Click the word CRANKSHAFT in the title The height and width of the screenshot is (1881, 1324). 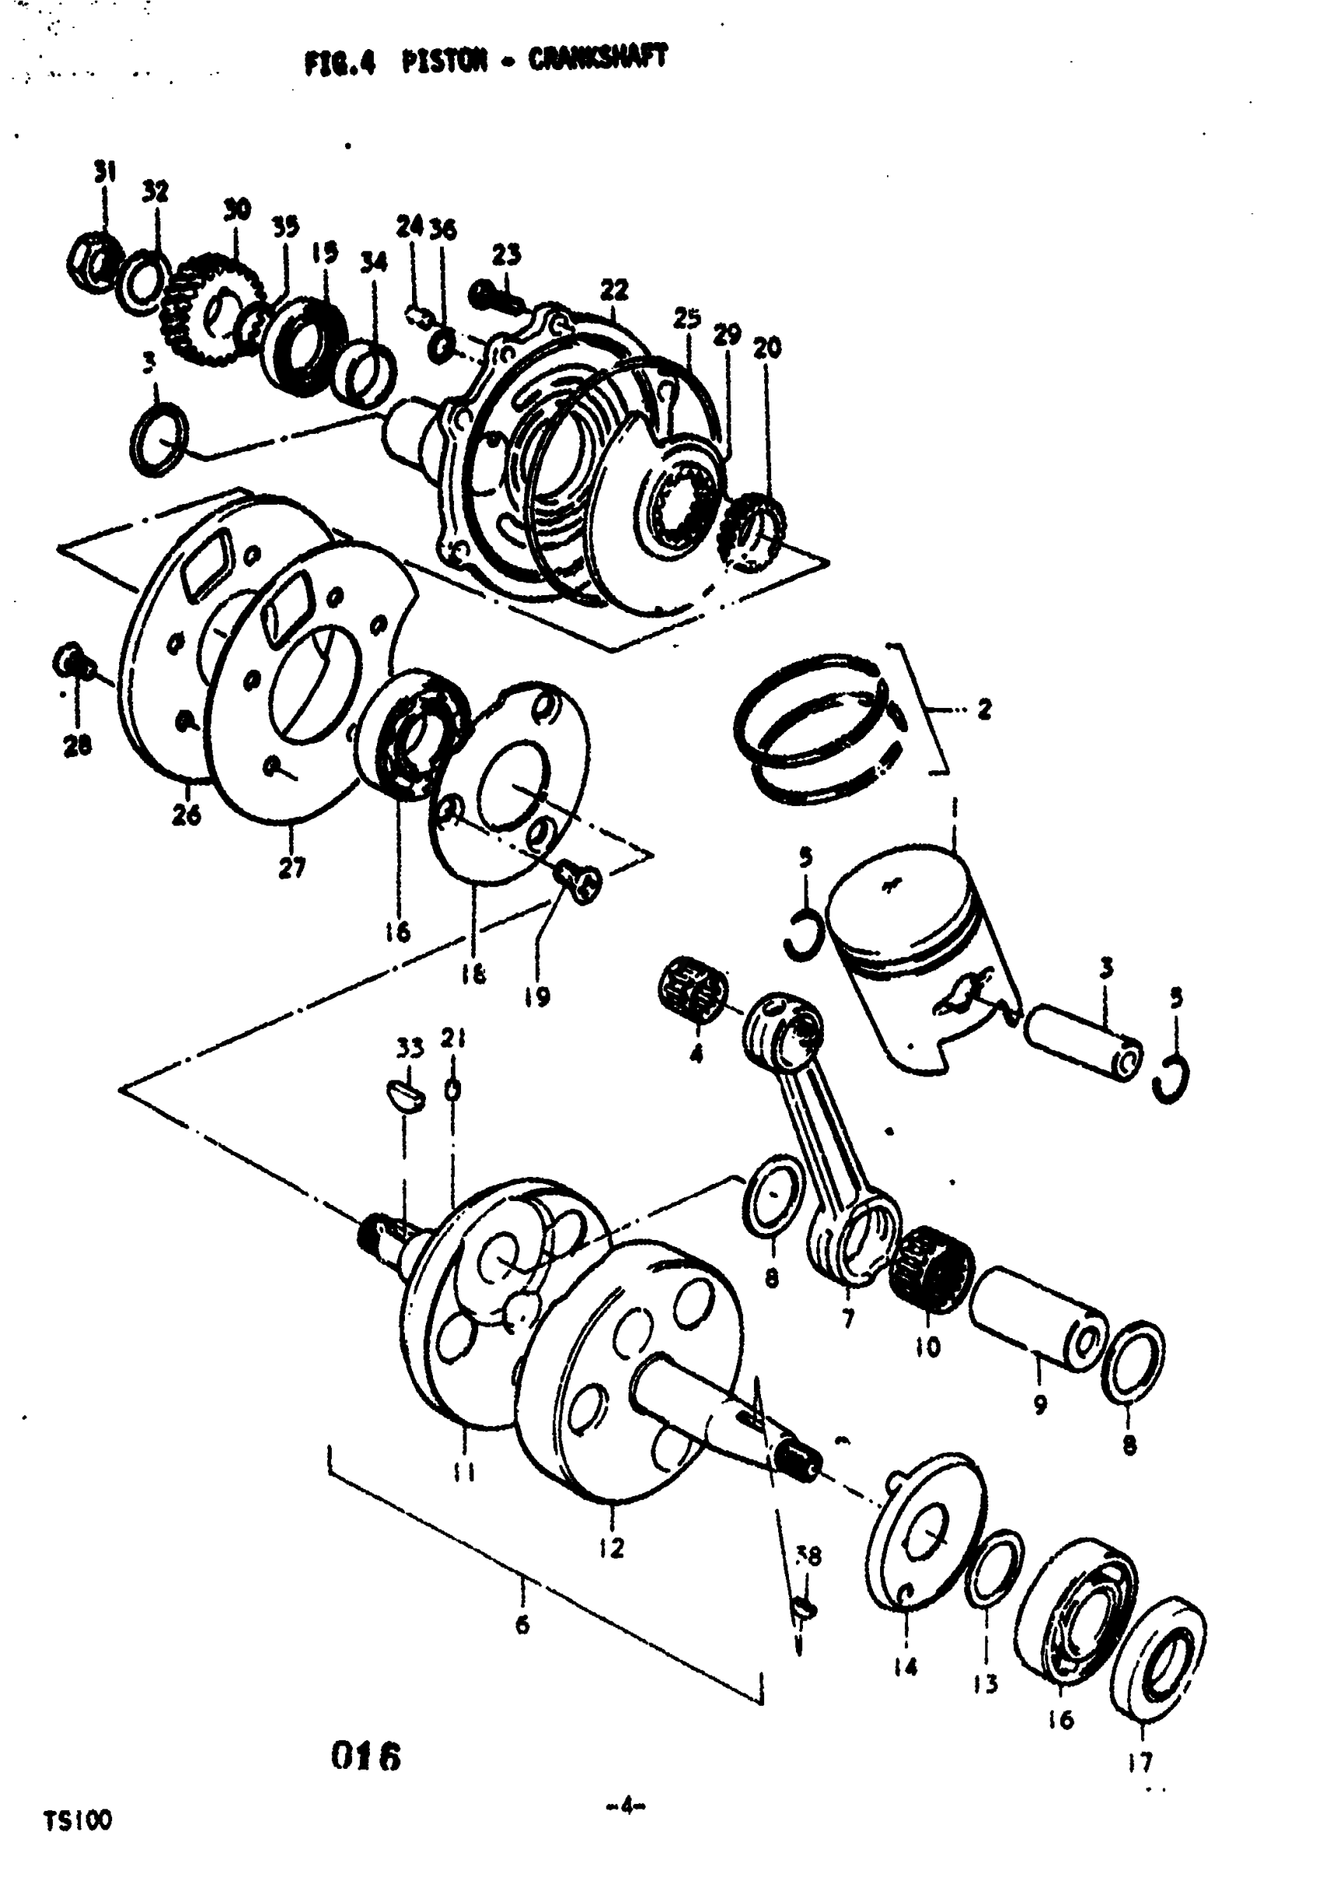(x=597, y=60)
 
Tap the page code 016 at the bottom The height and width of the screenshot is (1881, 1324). (x=366, y=1756)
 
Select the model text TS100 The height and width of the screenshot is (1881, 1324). (x=78, y=1820)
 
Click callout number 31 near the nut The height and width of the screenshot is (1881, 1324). (x=104, y=172)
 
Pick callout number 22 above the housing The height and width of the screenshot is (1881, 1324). (x=614, y=290)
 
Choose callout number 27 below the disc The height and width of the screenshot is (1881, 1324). (x=292, y=868)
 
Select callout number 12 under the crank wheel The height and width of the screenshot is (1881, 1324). (x=612, y=1548)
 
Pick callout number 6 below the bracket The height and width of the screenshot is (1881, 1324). (x=522, y=1624)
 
